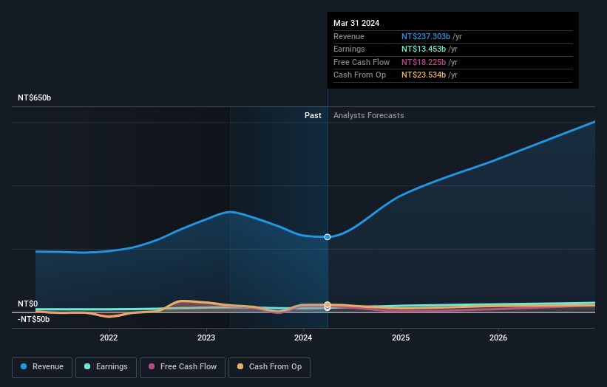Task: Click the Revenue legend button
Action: coord(42,366)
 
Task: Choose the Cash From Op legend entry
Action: coord(268,366)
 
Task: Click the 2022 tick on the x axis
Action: coord(109,338)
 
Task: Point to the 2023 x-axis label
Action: coord(206,338)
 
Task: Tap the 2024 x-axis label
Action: coord(303,338)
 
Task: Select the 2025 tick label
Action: coord(401,338)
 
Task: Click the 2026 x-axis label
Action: coord(498,338)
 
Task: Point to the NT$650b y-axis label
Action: coord(34,97)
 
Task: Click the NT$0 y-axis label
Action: coord(27,304)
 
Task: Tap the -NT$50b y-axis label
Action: coord(33,319)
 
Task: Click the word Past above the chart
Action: coord(313,115)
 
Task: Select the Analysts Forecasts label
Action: coord(369,115)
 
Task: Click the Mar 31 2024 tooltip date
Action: coord(356,23)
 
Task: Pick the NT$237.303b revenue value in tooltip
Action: coord(426,36)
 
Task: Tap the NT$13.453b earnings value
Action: coord(424,49)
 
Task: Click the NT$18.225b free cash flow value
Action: coord(424,62)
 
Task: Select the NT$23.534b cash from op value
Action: coord(424,75)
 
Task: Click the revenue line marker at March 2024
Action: coord(327,236)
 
